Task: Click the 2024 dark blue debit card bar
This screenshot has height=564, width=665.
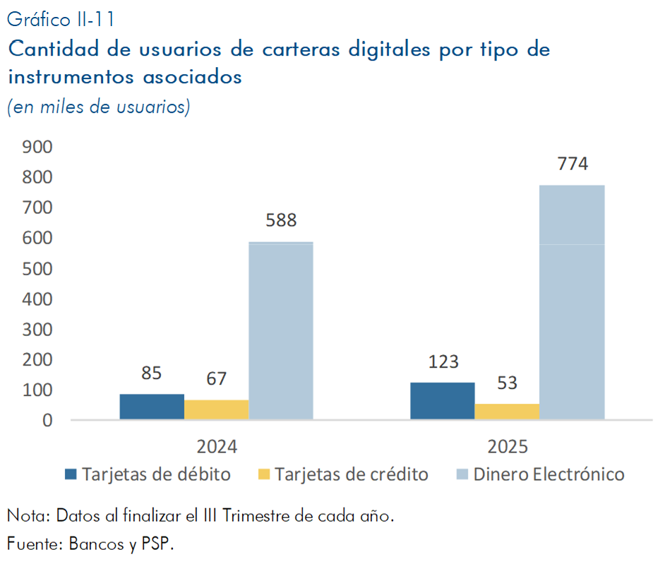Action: [x=152, y=407]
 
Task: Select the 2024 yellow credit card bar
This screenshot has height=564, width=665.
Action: [x=216, y=410]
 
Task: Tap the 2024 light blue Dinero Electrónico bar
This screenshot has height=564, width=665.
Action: [x=281, y=331]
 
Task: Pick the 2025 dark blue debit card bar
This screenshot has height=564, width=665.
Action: [x=443, y=402]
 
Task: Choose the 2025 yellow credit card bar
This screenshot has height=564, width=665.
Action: [x=507, y=412]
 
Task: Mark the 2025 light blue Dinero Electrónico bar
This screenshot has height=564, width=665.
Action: [x=572, y=303]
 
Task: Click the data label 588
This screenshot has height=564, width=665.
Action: [x=281, y=220]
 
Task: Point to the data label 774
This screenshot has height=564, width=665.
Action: [x=572, y=164]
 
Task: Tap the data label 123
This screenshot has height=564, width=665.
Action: [x=443, y=362]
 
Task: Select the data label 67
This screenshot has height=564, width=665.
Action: [x=216, y=379]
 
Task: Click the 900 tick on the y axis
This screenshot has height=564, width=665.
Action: [x=37, y=147]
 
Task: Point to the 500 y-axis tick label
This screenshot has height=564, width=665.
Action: [x=37, y=268]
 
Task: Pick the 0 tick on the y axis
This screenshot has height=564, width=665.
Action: [x=47, y=420]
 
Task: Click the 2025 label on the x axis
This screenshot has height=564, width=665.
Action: [x=507, y=448]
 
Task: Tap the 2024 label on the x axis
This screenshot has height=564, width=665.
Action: [x=216, y=448]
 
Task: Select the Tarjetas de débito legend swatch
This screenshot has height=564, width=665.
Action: [x=70, y=474]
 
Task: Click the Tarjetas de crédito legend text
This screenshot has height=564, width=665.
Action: [x=351, y=474]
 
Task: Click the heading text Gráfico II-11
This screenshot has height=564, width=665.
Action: [x=60, y=18]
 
